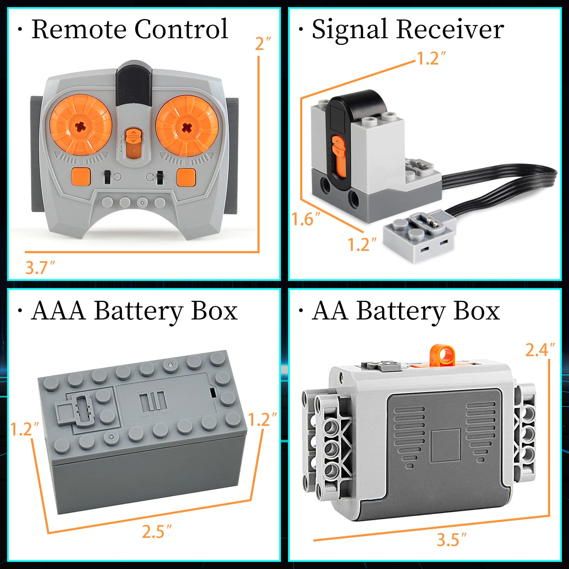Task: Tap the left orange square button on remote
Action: click(x=81, y=177)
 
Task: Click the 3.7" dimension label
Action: click(x=40, y=267)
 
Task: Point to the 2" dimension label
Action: click(x=263, y=43)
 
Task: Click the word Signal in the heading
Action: click(x=349, y=29)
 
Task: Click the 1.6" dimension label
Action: click(x=305, y=219)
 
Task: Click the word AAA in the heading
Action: click(x=58, y=311)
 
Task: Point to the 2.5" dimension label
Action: click(x=156, y=532)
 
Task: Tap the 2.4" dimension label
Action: click(x=539, y=350)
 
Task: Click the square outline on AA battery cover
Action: click(x=445, y=445)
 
